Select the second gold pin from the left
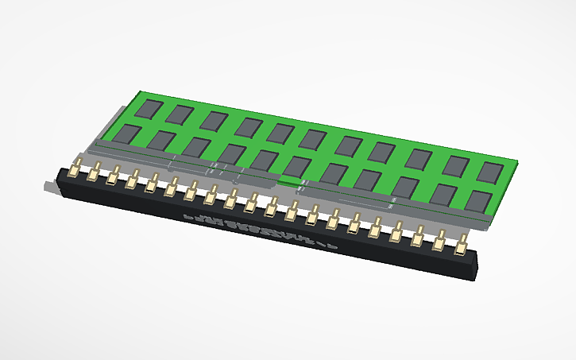coord(94,173)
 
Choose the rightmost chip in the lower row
coord(478,200)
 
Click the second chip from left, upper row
coord(182,114)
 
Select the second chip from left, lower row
coord(161,141)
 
